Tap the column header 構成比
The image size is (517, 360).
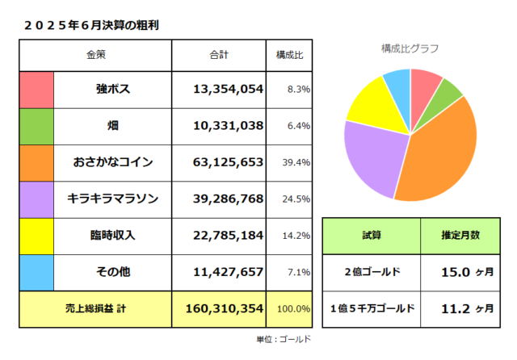tap(290, 55)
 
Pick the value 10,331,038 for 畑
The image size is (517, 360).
tap(229, 125)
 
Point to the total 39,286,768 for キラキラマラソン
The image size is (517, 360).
tap(229, 199)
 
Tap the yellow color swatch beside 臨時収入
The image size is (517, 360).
tap(36, 236)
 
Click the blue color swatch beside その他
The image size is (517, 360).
tap(36, 272)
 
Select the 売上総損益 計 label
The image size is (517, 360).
tap(95, 308)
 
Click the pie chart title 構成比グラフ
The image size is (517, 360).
tap(410, 48)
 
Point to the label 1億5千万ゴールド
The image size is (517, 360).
tap(371, 308)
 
